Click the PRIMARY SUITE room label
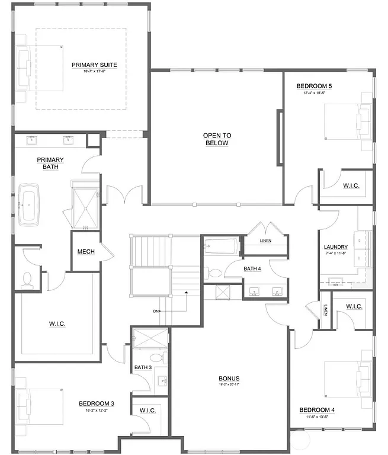pyautogui.click(x=94, y=65)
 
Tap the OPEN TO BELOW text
pyautogui.click(x=217, y=139)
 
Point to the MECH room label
pyautogui.click(x=86, y=252)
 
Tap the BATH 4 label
pyautogui.click(x=252, y=269)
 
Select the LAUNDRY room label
pyautogui.click(x=335, y=248)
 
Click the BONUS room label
pyautogui.click(x=229, y=379)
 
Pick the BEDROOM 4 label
pyautogui.click(x=317, y=410)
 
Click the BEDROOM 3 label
pyautogui.click(x=96, y=403)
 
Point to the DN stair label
pyautogui.click(x=156, y=311)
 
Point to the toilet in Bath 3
pyautogui.click(x=156, y=357)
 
